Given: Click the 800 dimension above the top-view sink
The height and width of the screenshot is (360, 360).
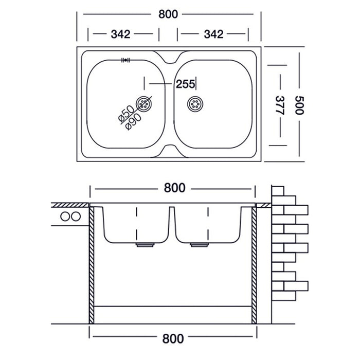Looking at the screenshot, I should point(169,14).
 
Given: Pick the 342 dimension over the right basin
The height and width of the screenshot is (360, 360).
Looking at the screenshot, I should point(213,34).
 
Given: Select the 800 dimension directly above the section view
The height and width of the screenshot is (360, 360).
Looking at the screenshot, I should point(174,188).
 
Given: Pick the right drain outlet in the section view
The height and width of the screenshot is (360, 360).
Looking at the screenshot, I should point(197,245).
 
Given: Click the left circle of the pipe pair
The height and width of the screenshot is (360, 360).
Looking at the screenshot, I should point(65,216).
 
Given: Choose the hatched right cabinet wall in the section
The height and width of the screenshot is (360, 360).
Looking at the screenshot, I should point(254,262).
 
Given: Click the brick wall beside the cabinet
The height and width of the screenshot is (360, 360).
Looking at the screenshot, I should point(288,242).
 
